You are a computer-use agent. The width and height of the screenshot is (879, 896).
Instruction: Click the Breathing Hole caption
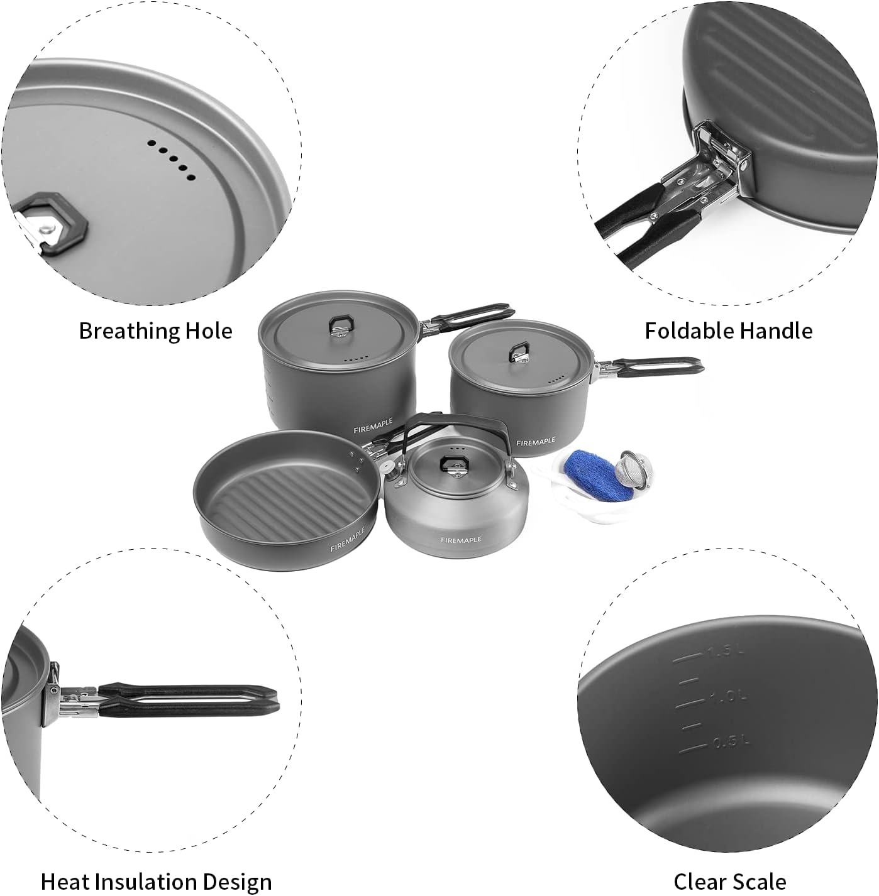155,331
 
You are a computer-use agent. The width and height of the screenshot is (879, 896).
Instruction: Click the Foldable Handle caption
728,331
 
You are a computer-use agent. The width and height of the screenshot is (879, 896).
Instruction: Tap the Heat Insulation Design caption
156,882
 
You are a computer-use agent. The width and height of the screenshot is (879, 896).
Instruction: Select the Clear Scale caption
729,882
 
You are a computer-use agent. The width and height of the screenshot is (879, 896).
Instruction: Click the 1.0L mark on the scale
728,696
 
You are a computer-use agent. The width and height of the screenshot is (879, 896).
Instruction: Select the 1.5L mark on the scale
724,652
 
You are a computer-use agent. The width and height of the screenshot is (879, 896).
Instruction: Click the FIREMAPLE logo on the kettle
461,540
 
